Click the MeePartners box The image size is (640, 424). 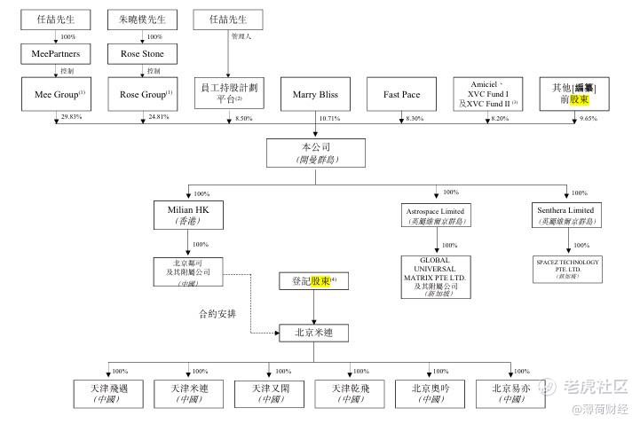[x=56, y=54]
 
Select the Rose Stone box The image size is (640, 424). [x=142, y=54]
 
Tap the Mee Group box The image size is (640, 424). [x=56, y=94]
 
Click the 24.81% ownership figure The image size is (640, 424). [x=157, y=117]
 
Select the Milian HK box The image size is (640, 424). [x=187, y=215]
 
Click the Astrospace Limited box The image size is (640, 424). [x=435, y=215]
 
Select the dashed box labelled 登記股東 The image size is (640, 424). [x=316, y=282]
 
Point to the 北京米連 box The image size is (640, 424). [x=316, y=333]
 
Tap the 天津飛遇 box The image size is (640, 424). [x=107, y=393]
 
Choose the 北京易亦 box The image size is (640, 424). [x=510, y=393]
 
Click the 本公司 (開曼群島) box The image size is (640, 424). [x=316, y=153]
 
